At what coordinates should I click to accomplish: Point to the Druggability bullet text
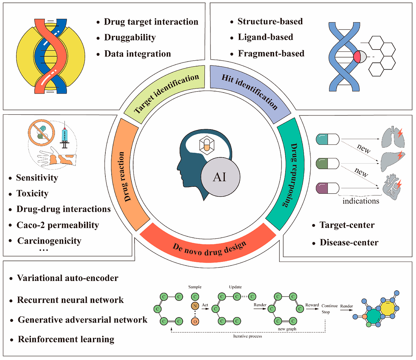(130, 37)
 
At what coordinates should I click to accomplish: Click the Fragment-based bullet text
(271, 54)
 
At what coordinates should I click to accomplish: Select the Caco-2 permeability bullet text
(58, 225)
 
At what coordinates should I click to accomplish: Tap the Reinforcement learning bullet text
(66, 339)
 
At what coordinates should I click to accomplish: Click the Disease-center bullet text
(349, 243)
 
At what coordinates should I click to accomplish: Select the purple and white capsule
(327, 189)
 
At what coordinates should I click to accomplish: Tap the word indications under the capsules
(361, 201)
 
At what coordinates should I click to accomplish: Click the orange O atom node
(195, 322)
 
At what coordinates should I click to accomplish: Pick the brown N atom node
(195, 306)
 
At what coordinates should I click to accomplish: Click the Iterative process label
(248, 336)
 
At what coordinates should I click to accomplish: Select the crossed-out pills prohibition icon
(41, 133)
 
